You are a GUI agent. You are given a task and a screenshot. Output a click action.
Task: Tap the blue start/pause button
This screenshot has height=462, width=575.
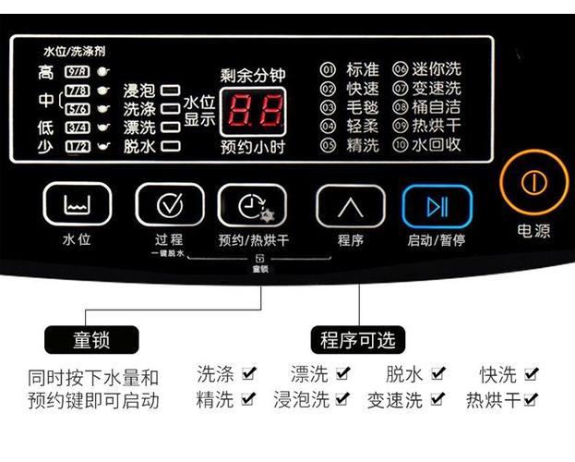(x=437, y=206)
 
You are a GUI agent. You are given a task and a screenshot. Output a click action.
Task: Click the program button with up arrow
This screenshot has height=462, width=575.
(x=350, y=206)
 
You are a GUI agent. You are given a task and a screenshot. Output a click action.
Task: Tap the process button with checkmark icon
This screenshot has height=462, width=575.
(x=170, y=204)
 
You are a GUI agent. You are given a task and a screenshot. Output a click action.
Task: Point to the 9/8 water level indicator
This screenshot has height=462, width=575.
(x=78, y=71)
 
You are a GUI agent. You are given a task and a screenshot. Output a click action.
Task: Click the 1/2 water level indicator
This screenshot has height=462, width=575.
(x=78, y=146)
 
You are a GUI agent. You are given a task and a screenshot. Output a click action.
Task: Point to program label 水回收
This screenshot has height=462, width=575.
(x=436, y=145)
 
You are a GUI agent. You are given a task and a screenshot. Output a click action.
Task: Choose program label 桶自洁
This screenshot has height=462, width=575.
(x=436, y=107)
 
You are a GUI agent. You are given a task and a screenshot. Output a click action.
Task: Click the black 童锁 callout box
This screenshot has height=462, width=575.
(x=90, y=338)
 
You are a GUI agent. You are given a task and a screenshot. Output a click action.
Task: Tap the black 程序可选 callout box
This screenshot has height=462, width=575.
(x=357, y=338)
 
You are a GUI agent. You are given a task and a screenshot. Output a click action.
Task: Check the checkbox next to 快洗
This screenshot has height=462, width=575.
(x=531, y=374)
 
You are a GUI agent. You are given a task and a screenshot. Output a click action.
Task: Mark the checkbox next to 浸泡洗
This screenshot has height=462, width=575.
(x=342, y=400)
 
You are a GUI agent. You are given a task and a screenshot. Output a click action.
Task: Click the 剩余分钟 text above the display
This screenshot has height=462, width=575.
(x=250, y=76)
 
